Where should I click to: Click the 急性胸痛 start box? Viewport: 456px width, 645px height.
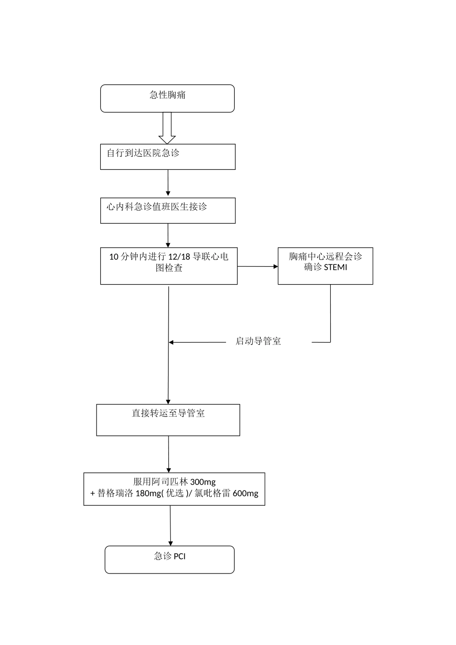[167, 98]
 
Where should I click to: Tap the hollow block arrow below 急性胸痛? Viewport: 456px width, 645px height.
[167, 129]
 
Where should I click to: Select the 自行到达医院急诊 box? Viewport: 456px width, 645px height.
[168, 156]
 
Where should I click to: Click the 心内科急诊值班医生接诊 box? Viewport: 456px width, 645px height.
[168, 210]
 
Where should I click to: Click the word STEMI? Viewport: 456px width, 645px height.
[336, 267]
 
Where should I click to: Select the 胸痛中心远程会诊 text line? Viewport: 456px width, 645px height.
[325, 256]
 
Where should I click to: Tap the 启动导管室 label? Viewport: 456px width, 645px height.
[258, 341]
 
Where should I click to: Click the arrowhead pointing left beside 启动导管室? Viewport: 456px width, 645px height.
[171, 342]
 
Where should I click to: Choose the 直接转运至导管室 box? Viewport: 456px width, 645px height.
[168, 420]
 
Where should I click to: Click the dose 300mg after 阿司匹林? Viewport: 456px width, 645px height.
[203, 482]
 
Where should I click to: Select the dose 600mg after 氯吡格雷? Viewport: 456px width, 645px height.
[245, 493]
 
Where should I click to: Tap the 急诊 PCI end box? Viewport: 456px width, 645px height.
[169, 560]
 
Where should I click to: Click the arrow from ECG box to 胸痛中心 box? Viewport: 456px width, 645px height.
[258, 266]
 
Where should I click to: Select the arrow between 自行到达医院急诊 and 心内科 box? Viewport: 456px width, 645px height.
[168, 183]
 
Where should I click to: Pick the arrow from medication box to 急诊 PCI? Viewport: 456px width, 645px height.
[170, 526]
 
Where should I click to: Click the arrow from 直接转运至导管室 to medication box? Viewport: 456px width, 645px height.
[168, 454]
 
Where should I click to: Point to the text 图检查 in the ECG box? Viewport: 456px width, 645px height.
[169, 268]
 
